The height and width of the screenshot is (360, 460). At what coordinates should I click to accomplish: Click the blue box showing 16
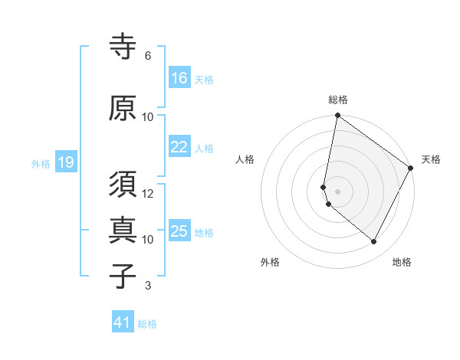(179, 78)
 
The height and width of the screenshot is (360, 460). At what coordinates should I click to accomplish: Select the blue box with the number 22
(179, 148)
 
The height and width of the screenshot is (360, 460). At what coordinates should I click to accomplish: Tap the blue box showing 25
(179, 232)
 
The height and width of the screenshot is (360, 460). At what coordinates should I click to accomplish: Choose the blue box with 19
(65, 162)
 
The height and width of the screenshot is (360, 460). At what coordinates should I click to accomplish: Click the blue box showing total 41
(123, 323)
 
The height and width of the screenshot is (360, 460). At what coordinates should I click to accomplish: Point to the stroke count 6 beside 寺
(148, 56)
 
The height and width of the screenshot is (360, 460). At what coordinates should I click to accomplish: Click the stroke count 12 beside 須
(149, 194)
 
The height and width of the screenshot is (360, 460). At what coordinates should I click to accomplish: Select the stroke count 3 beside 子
(148, 286)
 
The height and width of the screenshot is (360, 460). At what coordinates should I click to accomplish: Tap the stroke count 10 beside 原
(149, 116)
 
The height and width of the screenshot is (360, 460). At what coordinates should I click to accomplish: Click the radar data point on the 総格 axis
(337, 116)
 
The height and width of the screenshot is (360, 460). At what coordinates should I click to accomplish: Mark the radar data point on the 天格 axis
(411, 169)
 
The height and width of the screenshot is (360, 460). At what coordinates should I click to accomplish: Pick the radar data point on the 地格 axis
(373, 242)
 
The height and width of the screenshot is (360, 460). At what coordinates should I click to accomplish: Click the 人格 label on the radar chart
(245, 159)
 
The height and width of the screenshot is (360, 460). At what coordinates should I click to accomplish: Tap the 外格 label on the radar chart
(270, 262)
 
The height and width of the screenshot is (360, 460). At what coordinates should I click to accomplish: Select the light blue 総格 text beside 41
(147, 324)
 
